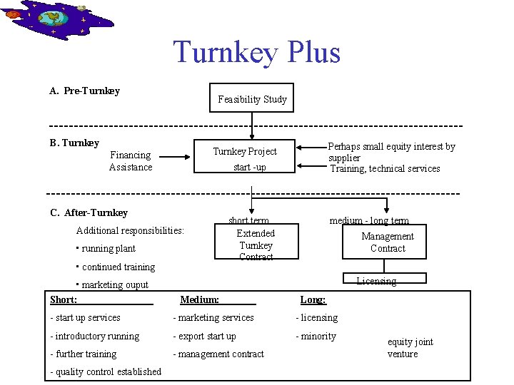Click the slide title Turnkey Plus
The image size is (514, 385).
tap(256, 53)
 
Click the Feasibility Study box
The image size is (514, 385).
tap(252, 99)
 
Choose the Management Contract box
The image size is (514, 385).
tap(388, 242)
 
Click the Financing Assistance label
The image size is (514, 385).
tap(131, 161)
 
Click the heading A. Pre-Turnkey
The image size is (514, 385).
tap(84, 91)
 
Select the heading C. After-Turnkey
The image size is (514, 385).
tap(89, 212)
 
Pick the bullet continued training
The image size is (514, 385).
tap(116, 267)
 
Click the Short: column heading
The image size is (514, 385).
tap(64, 300)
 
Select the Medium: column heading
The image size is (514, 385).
tap(199, 300)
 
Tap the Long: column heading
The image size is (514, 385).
tap(313, 300)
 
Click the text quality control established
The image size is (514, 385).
tap(106, 371)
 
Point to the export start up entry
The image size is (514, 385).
tap(204, 337)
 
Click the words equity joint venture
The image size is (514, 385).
tap(410, 348)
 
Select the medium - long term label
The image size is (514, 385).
tap(369, 221)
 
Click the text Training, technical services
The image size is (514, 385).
tap(385, 169)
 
